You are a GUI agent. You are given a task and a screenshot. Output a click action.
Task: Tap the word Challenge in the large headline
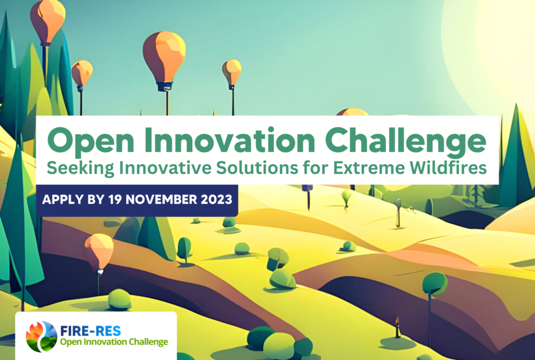coord(405,141)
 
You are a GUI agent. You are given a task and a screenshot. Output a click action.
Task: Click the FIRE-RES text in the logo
coord(90,331)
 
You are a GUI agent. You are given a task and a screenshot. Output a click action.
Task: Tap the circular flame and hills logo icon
coord(41,336)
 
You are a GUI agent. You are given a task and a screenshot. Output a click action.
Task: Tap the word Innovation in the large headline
coord(229,140)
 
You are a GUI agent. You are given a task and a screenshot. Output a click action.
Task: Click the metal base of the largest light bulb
coord(164,87)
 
